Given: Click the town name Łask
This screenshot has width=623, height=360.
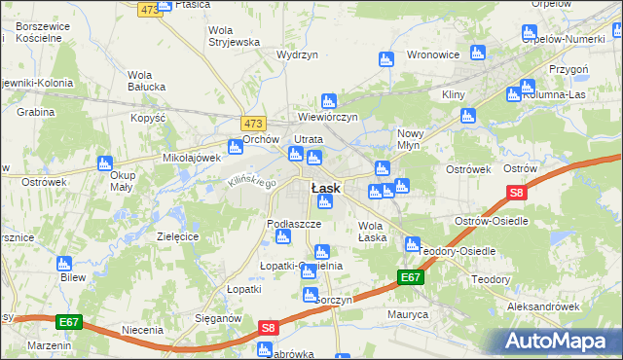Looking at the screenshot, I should click(324, 187).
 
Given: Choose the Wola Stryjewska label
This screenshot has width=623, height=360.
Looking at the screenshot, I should click(235, 36).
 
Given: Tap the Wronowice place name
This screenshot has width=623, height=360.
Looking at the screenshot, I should click(432, 54).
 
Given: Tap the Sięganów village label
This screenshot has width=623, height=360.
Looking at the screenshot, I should click(215, 317).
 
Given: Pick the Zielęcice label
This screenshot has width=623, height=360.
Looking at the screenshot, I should click(178, 236).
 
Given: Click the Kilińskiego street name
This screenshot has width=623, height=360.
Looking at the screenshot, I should click(252, 177).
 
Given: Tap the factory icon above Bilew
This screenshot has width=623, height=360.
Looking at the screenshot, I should click(64, 263).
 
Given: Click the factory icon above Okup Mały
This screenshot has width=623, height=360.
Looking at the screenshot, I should click(104, 165).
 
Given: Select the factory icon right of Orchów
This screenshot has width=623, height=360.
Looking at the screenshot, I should click(236, 148).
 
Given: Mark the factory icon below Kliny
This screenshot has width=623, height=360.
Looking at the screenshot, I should click(467, 117).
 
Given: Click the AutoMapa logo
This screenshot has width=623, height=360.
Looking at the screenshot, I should click(562, 341).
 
